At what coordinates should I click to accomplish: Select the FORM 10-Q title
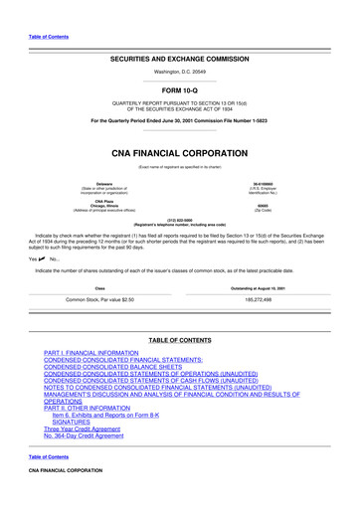click(180, 90)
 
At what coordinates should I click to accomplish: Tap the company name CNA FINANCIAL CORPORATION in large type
click(180, 154)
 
